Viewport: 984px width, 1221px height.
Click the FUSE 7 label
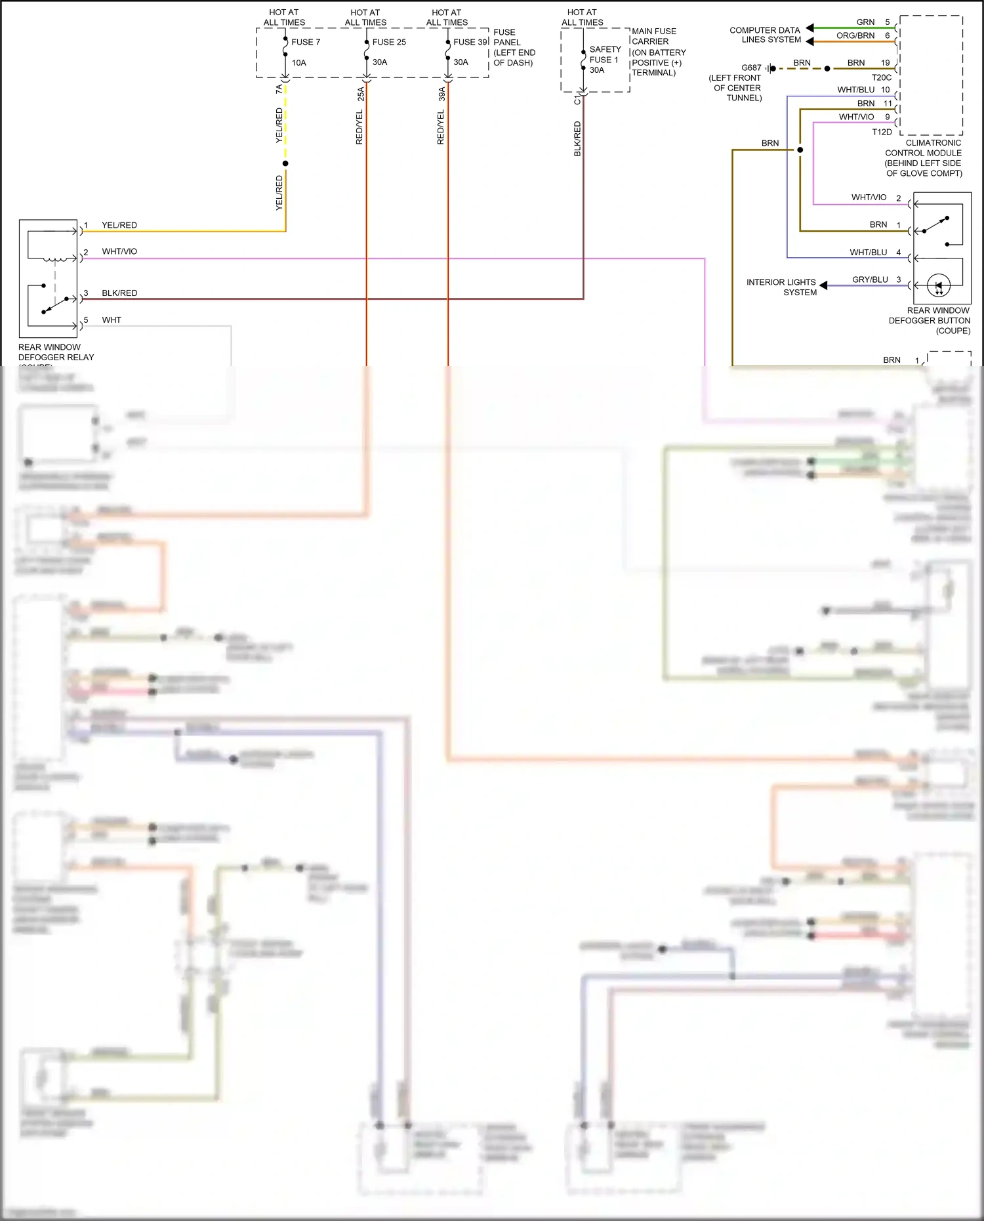306,42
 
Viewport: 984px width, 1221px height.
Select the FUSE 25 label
389,42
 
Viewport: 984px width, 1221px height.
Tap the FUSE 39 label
470,42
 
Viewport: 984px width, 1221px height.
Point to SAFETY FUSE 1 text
604,54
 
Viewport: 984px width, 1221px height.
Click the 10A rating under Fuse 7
298,63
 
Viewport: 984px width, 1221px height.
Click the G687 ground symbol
771,68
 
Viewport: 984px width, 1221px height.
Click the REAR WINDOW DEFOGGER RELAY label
56,352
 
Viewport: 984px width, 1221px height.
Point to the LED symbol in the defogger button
939,285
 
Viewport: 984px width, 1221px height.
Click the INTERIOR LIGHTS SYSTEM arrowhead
823,285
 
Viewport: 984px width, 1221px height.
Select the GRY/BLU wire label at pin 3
870,279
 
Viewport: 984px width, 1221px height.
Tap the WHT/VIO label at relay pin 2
119,251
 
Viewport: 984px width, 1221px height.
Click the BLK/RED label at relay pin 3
119,293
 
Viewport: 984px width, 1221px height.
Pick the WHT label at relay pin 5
112,320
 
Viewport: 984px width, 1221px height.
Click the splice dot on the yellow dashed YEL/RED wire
285,163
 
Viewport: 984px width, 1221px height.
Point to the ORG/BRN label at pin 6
855,35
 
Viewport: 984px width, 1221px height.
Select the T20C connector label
881,77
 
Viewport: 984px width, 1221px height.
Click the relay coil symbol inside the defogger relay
55,259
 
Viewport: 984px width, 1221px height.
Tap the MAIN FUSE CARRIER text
653,36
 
